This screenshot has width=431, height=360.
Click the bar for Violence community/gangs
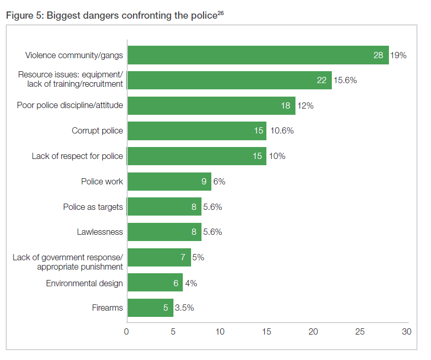click(x=258, y=55)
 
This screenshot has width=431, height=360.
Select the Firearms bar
click(x=150, y=308)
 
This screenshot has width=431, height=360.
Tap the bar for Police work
click(x=169, y=181)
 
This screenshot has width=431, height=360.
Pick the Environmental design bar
click(x=155, y=283)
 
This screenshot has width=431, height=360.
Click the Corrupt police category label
click(x=97, y=131)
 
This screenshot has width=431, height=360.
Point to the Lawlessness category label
click(x=100, y=232)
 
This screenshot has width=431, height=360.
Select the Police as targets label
click(x=93, y=207)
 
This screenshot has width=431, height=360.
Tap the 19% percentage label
click(x=398, y=55)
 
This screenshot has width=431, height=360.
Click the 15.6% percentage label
click(x=345, y=81)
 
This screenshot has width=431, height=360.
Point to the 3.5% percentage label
click(x=184, y=308)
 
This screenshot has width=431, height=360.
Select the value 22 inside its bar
click(x=321, y=81)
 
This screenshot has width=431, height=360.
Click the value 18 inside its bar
click(x=285, y=105)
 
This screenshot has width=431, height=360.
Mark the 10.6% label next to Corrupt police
click(x=281, y=131)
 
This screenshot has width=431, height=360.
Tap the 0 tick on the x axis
click(x=127, y=331)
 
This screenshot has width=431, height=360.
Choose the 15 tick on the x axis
click(x=267, y=331)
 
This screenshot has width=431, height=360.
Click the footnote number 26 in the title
click(x=220, y=12)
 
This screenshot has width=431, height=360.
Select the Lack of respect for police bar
click(x=197, y=156)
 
